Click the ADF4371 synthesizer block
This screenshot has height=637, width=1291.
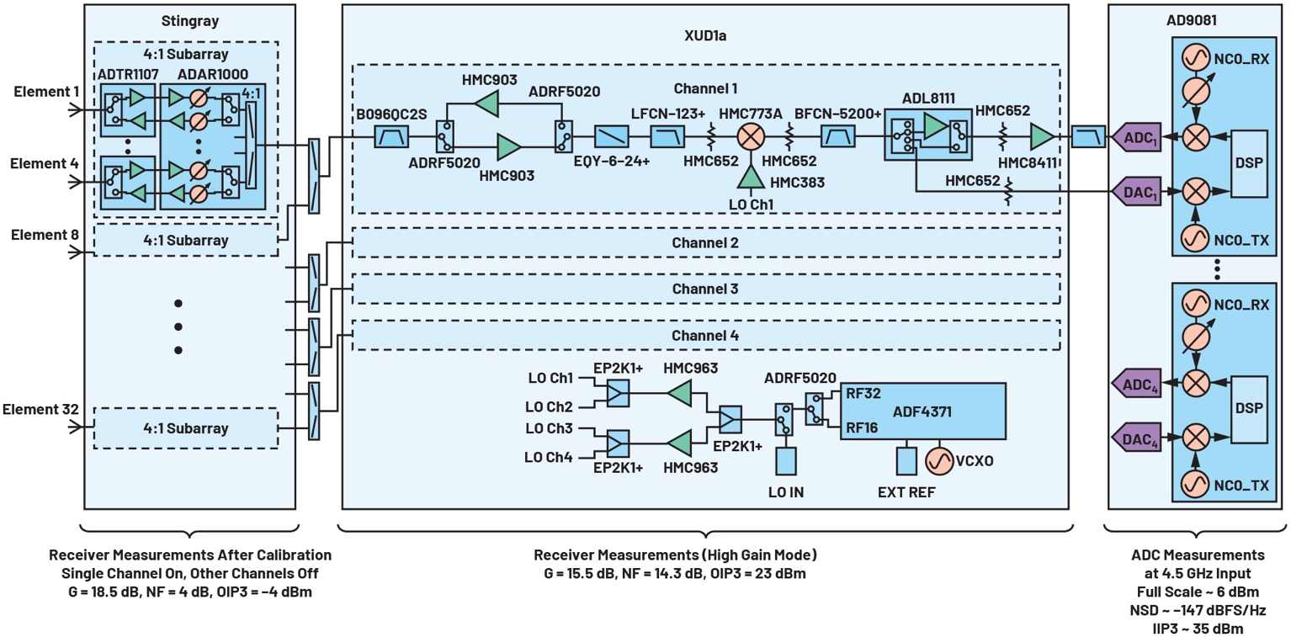(922, 411)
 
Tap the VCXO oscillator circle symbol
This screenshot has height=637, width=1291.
(939, 461)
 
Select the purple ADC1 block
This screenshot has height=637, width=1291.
(1136, 137)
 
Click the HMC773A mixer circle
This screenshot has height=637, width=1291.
(751, 137)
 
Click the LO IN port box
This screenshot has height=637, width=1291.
(785, 461)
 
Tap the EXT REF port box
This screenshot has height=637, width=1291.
(906, 461)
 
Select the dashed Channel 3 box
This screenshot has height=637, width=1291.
(706, 289)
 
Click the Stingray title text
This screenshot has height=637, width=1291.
(189, 21)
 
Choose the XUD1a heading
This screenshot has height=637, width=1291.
(705, 35)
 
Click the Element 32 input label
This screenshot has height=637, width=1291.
(40, 409)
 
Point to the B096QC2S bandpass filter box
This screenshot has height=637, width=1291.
(392, 137)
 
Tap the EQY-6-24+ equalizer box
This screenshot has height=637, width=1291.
(612, 137)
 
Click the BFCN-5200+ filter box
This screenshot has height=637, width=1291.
(837, 137)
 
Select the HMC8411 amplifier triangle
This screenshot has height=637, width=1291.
(1042, 137)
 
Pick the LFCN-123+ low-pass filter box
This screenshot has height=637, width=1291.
(667, 137)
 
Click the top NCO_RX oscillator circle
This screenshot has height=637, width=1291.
(1195, 58)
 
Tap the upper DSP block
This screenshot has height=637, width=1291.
(1249, 164)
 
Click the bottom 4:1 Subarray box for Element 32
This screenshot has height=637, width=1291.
(186, 428)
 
